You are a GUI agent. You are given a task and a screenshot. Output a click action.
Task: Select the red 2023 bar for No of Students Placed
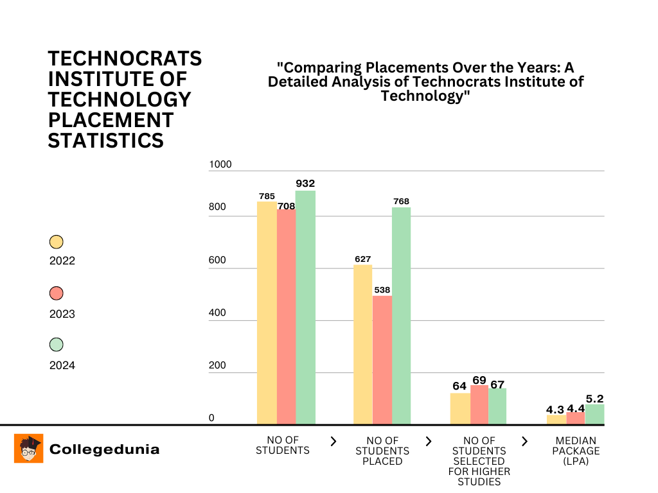click(382, 359)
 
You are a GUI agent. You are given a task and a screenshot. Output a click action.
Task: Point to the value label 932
click(305, 184)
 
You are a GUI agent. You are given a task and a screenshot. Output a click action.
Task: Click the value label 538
click(382, 290)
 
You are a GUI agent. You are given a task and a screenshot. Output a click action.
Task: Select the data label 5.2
click(594, 398)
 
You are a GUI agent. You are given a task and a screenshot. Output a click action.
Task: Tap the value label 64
click(459, 386)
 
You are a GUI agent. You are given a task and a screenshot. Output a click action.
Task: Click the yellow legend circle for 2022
click(57, 242)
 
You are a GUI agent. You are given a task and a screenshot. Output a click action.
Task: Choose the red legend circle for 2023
click(57, 293)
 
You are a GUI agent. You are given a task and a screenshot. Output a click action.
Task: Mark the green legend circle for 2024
click(57, 345)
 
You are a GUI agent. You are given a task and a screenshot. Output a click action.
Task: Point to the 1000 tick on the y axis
click(220, 164)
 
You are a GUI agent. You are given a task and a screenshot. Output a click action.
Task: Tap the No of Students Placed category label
click(382, 451)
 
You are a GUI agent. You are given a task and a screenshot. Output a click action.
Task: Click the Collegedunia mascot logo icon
click(28, 448)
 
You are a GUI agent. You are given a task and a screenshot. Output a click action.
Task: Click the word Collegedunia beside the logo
click(104, 449)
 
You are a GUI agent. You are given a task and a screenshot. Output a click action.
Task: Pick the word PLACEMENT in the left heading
click(111, 119)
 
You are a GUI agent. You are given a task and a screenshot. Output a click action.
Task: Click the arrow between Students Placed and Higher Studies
click(429, 441)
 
